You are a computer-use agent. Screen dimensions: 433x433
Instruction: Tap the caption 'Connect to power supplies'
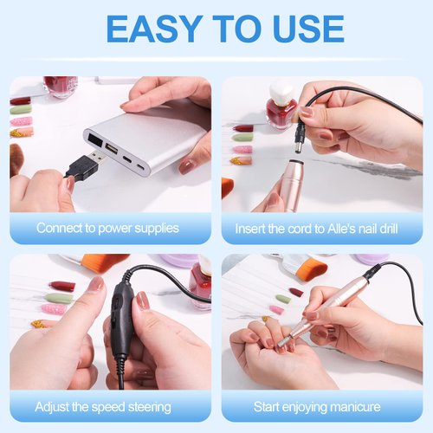[107, 229]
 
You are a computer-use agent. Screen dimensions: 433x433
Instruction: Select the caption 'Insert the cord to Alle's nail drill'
[321, 229]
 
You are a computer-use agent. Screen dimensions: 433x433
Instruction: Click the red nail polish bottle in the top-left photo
[60, 87]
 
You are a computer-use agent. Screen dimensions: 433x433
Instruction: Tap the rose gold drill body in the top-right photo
[292, 182]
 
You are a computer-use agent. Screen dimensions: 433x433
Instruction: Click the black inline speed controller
[121, 321]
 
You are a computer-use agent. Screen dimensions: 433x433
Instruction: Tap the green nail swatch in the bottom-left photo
[59, 297]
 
